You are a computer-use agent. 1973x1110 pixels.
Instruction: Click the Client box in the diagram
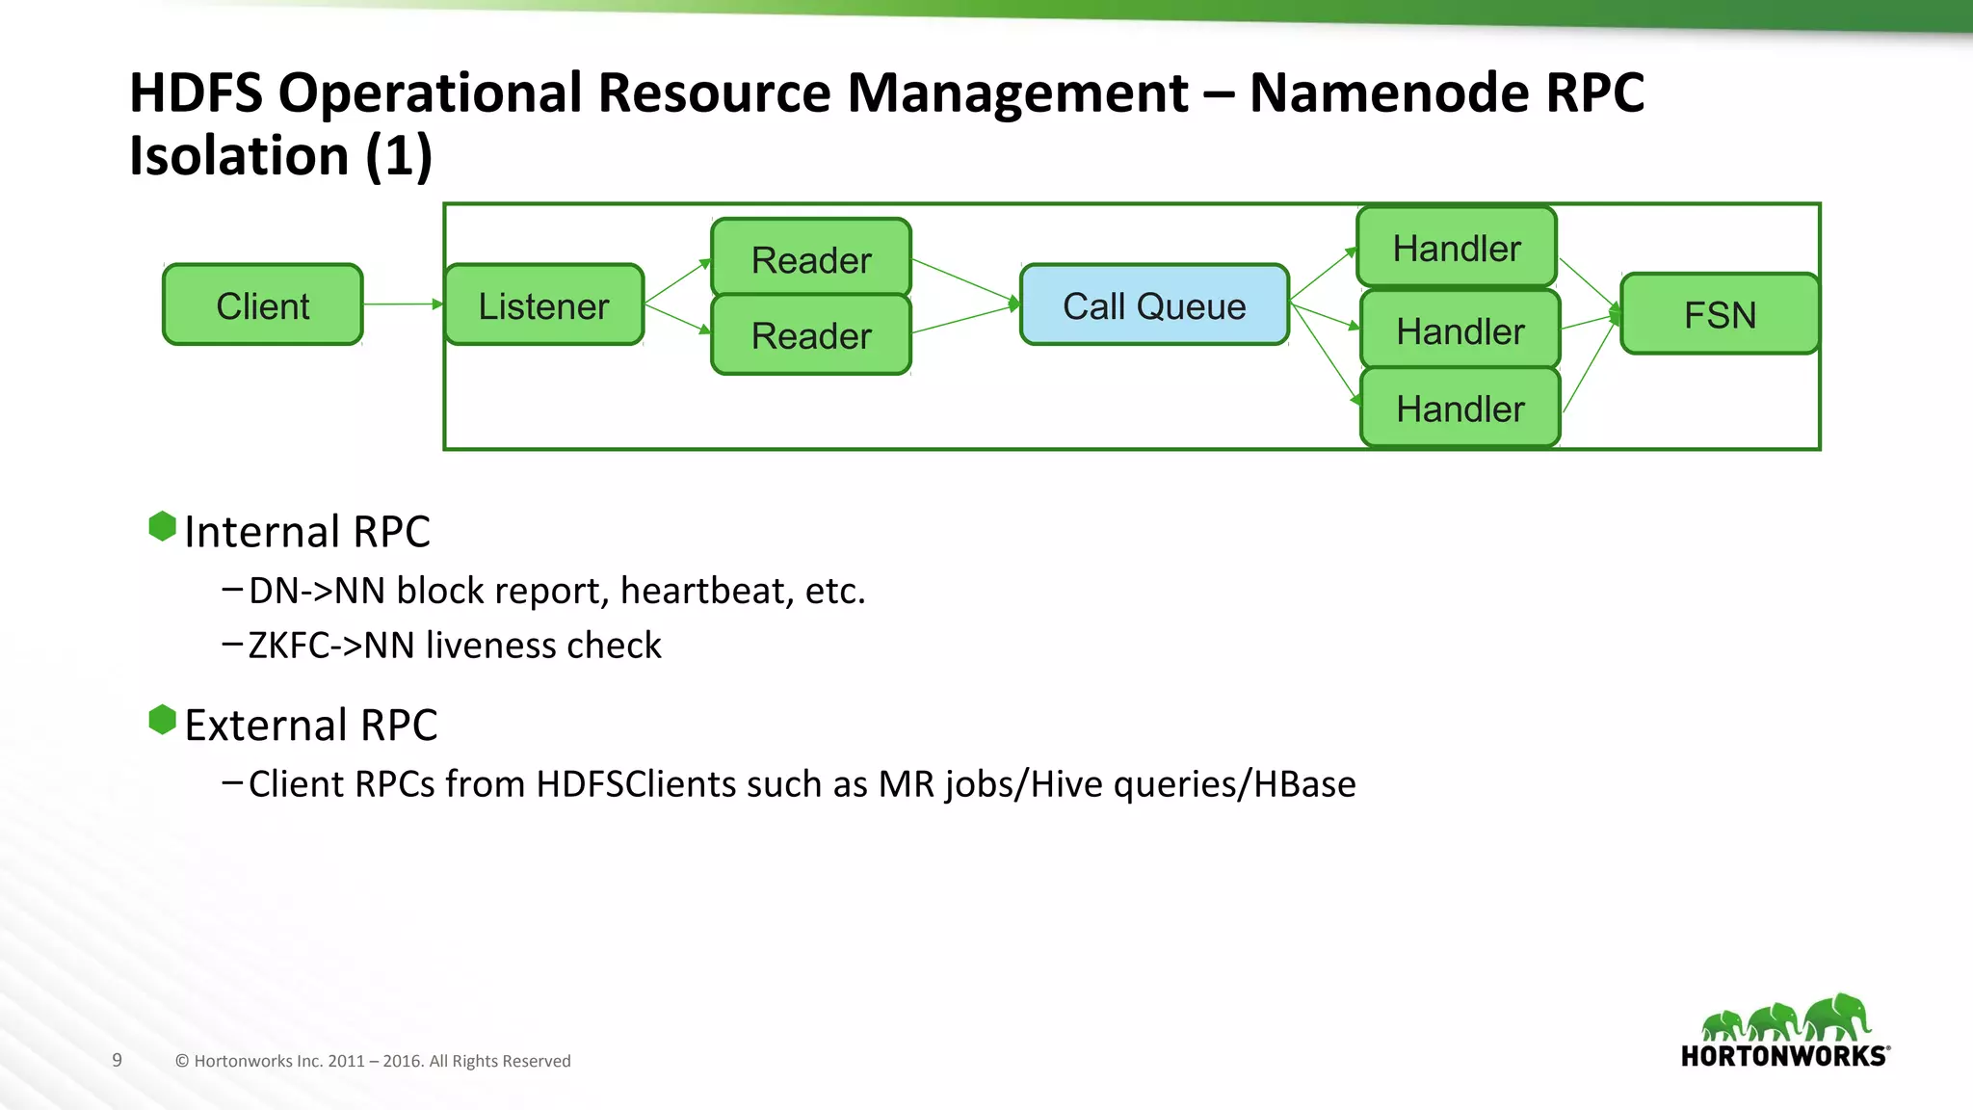263,305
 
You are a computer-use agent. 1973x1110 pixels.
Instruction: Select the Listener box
544,305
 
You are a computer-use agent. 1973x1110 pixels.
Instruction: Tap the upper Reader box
811,259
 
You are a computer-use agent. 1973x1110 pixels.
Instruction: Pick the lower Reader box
811,335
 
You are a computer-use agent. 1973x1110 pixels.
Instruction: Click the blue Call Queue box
1154,305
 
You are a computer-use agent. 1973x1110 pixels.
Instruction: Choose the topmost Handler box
1457,248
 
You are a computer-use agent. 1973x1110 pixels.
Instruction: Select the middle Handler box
1460,330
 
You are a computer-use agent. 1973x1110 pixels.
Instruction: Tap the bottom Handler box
1460,409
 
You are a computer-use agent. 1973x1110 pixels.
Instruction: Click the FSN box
1720,314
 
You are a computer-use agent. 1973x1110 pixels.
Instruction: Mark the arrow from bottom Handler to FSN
1590,366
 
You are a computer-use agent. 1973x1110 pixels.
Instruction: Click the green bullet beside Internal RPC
162,526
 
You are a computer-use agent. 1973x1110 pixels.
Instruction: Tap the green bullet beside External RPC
162,720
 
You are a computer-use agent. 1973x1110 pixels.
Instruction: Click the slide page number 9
117,1060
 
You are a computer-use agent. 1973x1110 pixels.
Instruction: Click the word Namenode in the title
1388,93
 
